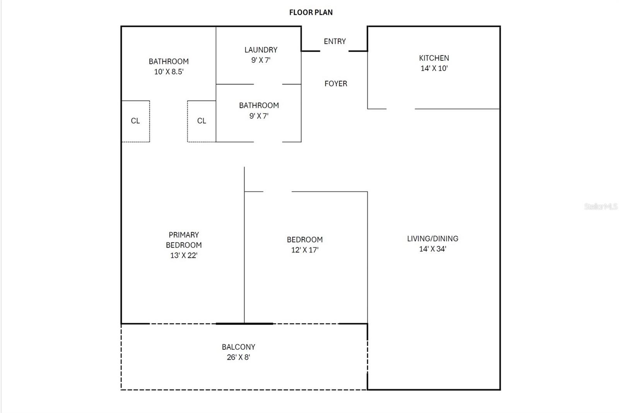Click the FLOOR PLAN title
click(x=311, y=12)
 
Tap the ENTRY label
click(x=335, y=41)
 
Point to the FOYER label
click(x=335, y=84)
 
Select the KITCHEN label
click(x=434, y=58)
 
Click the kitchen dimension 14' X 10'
click(x=434, y=69)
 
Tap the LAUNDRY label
click(x=261, y=50)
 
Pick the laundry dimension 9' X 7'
click(x=261, y=60)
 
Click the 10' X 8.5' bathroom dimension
click(x=169, y=72)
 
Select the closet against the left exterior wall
click(x=135, y=121)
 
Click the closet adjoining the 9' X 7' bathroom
click(x=202, y=121)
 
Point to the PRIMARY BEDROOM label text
click(x=184, y=240)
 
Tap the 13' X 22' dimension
click(x=184, y=256)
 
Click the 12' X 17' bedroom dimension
click(x=304, y=250)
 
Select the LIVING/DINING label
click(x=433, y=239)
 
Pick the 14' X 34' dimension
click(x=433, y=249)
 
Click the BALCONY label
click(x=238, y=347)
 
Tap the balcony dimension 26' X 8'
click(x=238, y=358)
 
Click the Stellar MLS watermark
click(x=600, y=206)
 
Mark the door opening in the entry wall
click(x=334, y=51)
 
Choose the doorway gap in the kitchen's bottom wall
click(x=400, y=109)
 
